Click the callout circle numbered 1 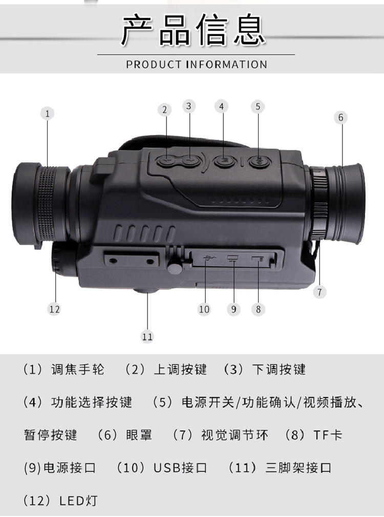click(47, 114)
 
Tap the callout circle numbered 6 click(341, 117)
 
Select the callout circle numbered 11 click(147, 337)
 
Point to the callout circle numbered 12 click(54, 309)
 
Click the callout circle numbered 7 click(319, 292)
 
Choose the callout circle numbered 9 click(233, 309)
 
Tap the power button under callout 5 click(260, 161)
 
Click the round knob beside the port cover click(175, 266)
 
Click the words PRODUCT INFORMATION click(197, 64)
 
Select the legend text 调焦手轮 click(78, 369)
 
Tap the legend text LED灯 click(78, 501)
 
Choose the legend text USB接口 click(180, 467)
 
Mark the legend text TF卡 click(328, 435)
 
